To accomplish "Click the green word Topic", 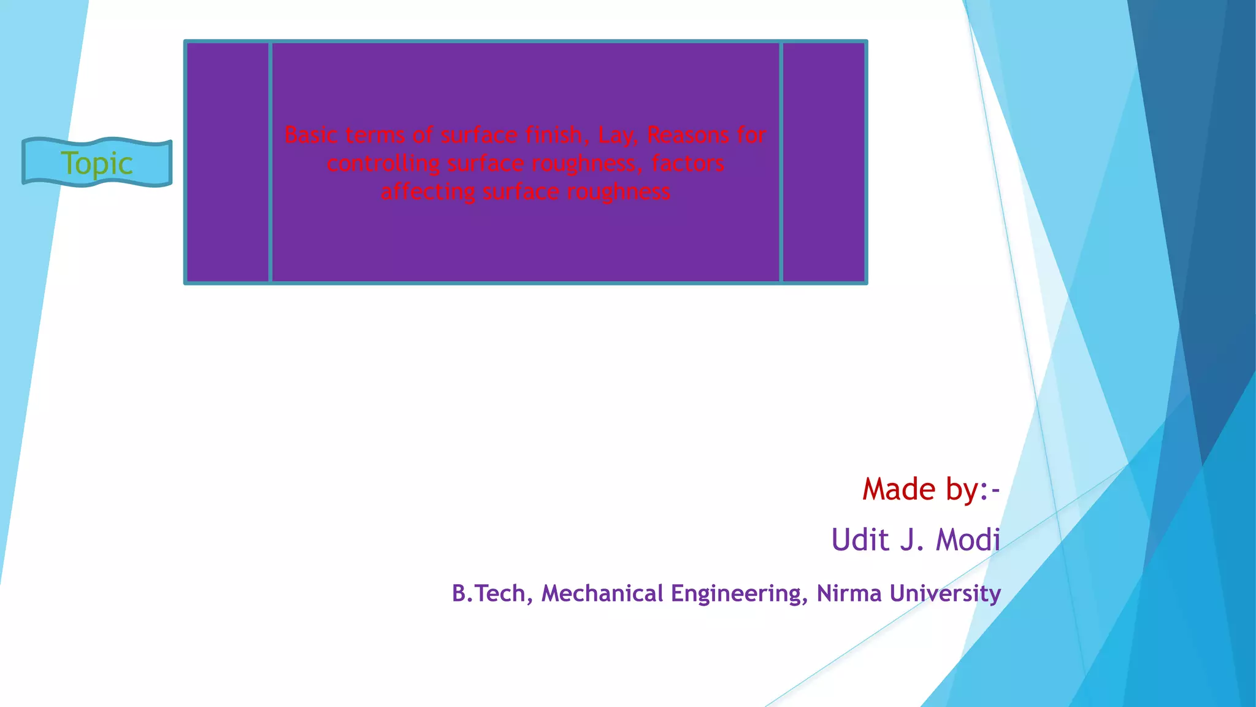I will tap(97, 163).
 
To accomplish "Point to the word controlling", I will tap(383, 163).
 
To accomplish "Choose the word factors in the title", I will tap(687, 163).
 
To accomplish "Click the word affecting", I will tap(427, 191).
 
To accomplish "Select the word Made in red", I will tap(899, 489).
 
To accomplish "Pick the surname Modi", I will tap(968, 540).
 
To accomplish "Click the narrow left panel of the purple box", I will tap(228, 162).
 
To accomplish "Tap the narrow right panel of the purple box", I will tap(824, 162).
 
